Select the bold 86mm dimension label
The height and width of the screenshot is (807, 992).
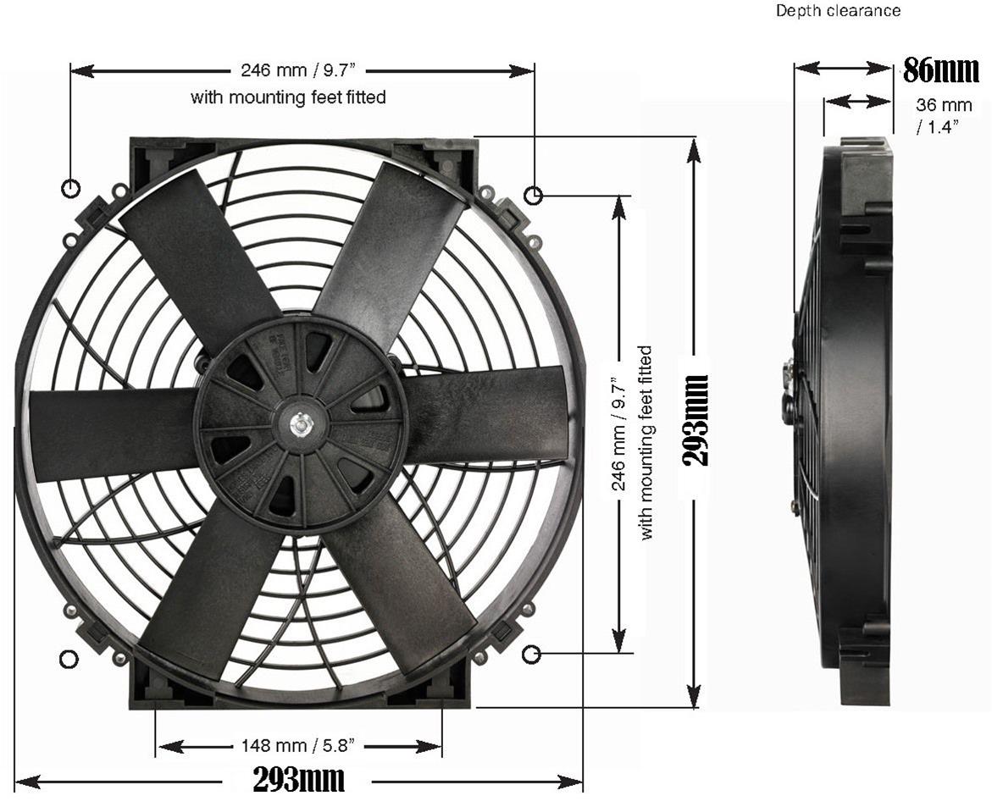click(940, 70)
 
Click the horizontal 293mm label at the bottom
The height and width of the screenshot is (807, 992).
click(299, 779)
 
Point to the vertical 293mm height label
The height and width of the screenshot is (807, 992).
click(696, 420)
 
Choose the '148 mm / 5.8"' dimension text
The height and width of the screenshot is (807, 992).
click(299, 746)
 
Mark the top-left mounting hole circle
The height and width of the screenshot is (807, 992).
click(71, 187)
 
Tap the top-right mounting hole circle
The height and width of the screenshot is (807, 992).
click(533, 196)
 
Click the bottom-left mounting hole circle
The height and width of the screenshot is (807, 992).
click(69, 660)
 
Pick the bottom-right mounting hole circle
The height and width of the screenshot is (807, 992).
click(531, 654)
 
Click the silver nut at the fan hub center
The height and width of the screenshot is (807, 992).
click(301, 421)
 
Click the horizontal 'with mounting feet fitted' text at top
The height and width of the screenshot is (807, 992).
click(288, 97)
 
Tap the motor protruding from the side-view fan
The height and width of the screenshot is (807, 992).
click(788, 394)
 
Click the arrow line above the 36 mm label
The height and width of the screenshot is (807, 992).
click(857, 102)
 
